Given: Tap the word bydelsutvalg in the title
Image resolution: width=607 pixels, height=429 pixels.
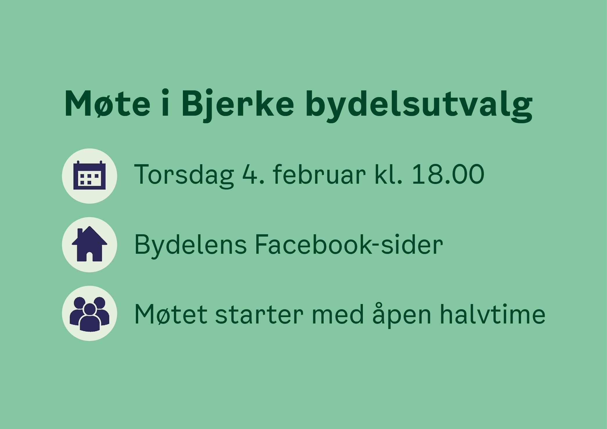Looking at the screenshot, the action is pos(419,104).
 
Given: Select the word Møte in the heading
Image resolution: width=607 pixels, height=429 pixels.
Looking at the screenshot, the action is pos(107,104).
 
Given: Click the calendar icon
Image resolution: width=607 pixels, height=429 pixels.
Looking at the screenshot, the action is pos(89,175).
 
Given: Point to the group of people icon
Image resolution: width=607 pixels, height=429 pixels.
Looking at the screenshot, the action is pos(89,314).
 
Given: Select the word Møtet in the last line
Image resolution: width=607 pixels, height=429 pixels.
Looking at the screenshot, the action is pos(171,314).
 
